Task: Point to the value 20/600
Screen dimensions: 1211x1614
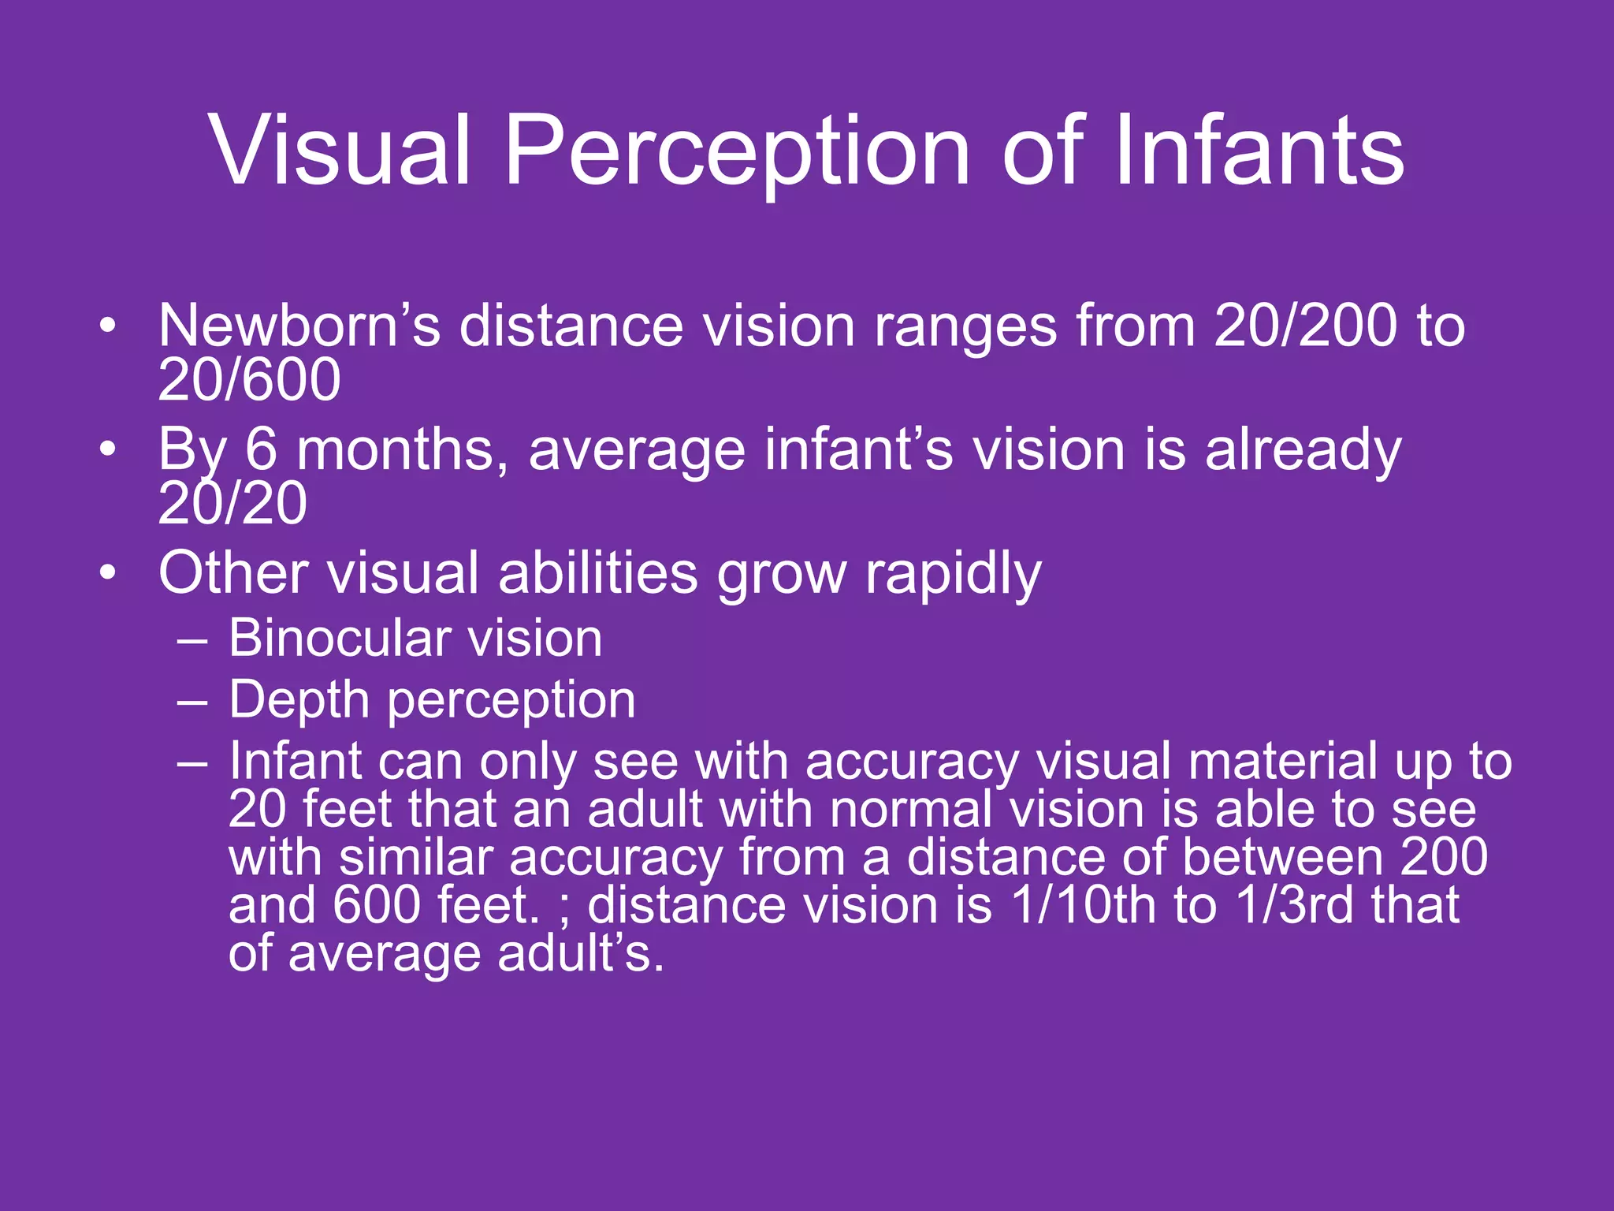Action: pos(249,380)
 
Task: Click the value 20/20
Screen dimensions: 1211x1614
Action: pos(232,503)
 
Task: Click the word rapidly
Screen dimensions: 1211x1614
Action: pos(954,574)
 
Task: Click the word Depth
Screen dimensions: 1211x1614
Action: pos(299,700)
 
